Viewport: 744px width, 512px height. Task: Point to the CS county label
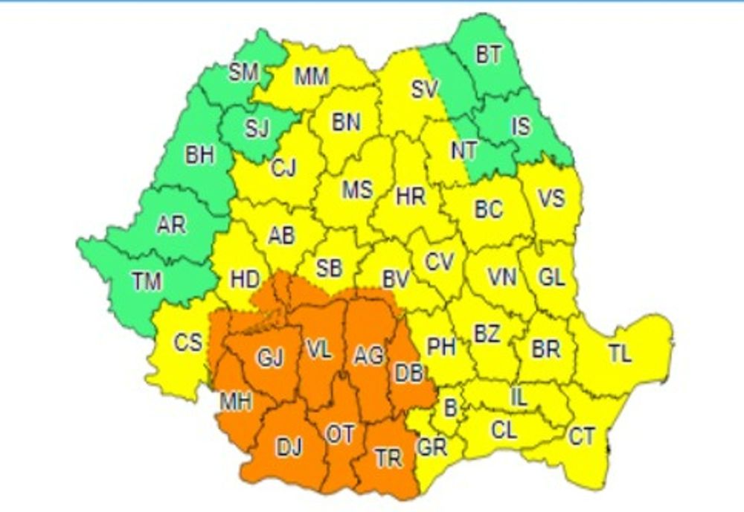point(187,343)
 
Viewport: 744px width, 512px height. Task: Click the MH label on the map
point(236,402)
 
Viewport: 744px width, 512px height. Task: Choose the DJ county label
point(290,447)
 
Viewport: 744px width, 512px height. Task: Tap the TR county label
point(388,459)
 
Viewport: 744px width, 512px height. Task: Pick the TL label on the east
point(619,354)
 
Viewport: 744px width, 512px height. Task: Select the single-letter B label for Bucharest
point(450,408)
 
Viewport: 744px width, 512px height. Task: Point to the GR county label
point(432,448)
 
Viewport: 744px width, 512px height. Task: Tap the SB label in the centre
point(330,268)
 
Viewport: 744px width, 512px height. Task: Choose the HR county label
point(411,196)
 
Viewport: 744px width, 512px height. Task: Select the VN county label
point(501,278)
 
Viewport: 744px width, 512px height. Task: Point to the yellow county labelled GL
point(551,278)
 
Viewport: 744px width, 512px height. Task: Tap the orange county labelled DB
point(408,373)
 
